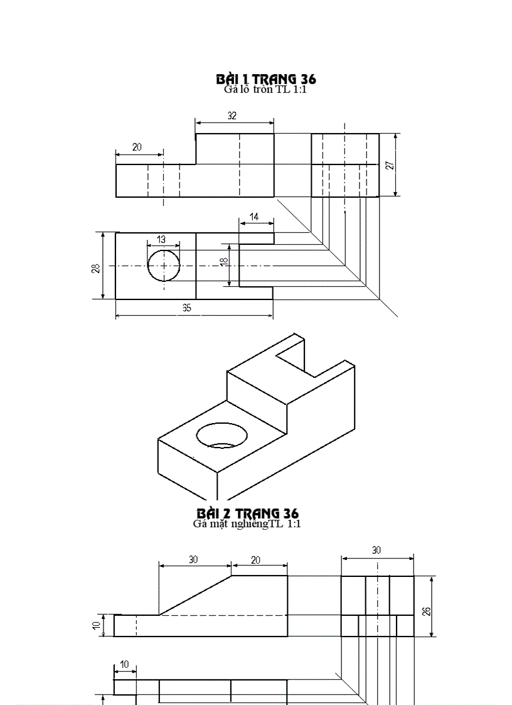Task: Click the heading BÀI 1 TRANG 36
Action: pyautogui.click(x=265, y=79)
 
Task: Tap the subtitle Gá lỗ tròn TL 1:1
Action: pyautogui.click(x=265, y=89)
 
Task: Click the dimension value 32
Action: pyautogui.click(x=232, y=116)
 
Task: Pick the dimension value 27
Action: pyautogui.click(x=390, y=165)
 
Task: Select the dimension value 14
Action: pyautogui.click(x=253, y=217)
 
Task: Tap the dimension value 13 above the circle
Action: pyautogui.click(x=161, y=239)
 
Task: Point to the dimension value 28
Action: pyautogui.click(x=95, y=268)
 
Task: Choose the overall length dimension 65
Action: pyautogui.click(x=187, y=308)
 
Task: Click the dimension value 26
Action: pyautogui.click(x=427, y=611)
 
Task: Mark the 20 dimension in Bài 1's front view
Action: pyautogui.click(x=137, y=148)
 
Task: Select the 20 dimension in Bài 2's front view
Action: pyautogui.click(x=255, y=560)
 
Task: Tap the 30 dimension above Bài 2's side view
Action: pyautogui.click(x=376, y=550)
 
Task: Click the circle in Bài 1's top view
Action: pyautogui.click(x=164, y=266)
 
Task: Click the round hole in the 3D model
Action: pyautogui.click(x=221, y=435)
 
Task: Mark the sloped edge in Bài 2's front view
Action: pyautogui.click(x=195, y=595)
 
